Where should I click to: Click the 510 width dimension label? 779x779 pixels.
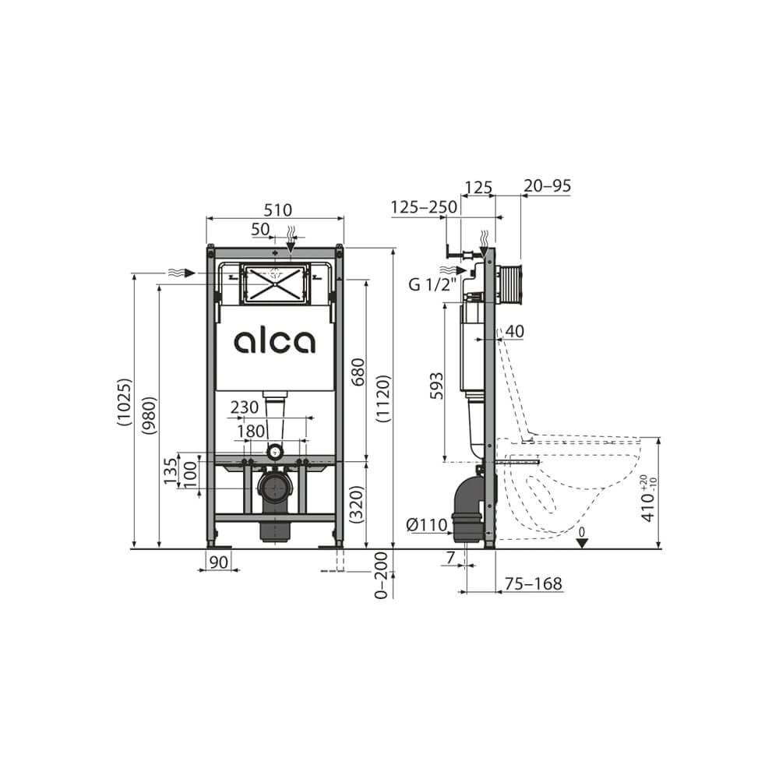277,210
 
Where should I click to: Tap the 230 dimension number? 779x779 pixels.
245,407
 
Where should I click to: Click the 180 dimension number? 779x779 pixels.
251,430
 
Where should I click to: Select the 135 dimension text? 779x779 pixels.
171,471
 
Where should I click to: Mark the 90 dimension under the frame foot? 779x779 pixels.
219,562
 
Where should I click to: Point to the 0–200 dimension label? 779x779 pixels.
381,576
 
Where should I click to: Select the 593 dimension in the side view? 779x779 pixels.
436,387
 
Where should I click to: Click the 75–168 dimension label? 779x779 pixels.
534,584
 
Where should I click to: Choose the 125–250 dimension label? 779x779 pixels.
424,207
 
